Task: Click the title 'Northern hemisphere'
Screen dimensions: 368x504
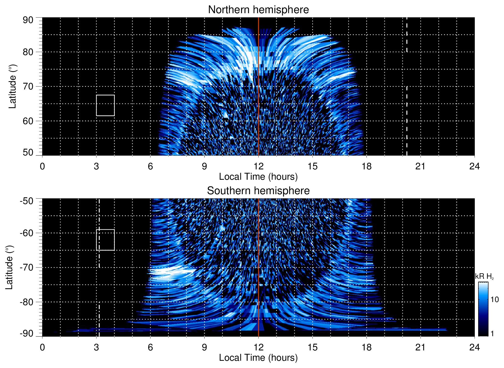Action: click(258, 10)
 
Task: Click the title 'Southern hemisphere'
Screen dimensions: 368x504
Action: click(258, 191)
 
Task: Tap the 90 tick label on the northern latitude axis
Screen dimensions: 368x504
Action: click(28, 20)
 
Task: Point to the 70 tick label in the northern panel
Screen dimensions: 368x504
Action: click(28, 86)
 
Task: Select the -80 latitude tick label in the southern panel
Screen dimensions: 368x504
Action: click(27, 302)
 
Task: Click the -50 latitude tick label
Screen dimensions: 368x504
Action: click(27, 201)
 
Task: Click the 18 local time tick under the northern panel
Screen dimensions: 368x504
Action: click(366, 166)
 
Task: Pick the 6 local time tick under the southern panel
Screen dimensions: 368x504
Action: click(150, 347)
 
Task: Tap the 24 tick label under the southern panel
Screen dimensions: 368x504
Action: click(474, 347)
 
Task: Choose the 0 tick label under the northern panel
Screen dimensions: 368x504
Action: click(42, 166)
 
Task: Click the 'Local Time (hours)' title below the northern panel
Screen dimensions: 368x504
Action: click(258, 177)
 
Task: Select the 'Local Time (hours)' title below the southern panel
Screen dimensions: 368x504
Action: click(258, 358)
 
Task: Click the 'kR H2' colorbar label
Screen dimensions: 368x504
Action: click(484, 276)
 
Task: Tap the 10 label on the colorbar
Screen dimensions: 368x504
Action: click(494, 300)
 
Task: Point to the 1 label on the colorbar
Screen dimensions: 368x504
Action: click(492, 334)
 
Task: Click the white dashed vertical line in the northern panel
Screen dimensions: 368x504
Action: click(407, 116)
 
